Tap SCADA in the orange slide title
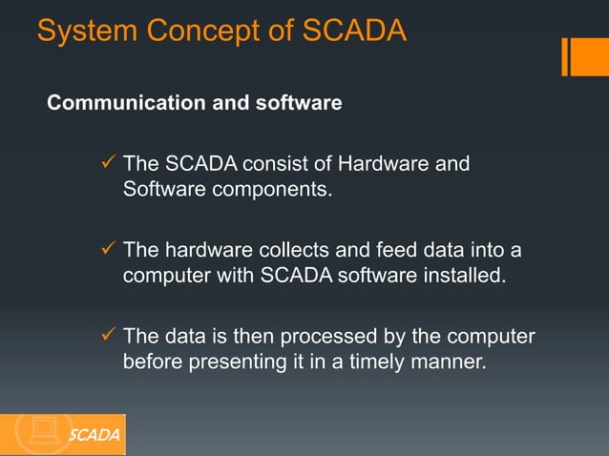354,31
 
